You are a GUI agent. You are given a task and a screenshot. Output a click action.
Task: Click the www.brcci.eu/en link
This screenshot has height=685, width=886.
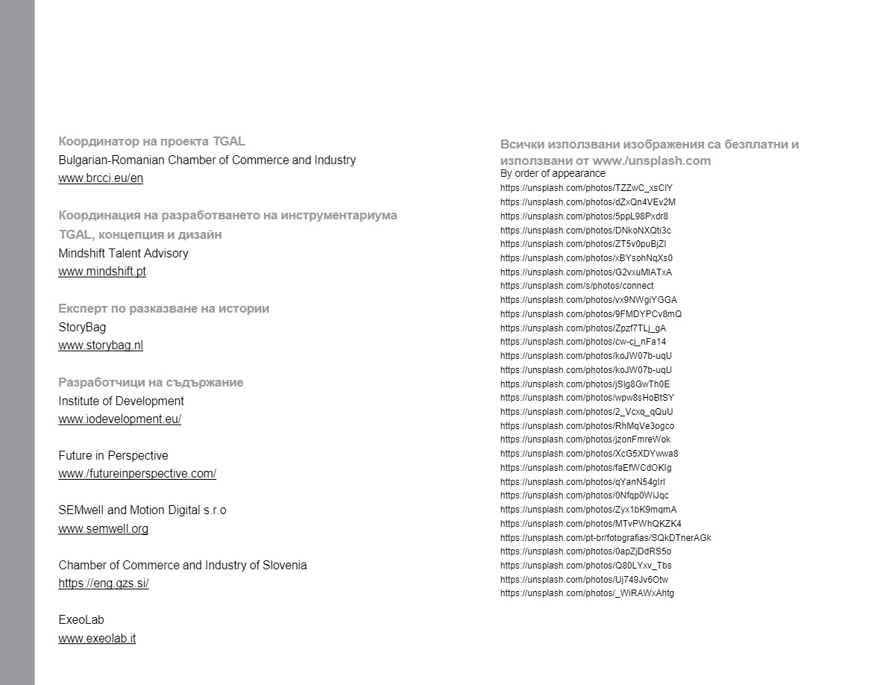101,178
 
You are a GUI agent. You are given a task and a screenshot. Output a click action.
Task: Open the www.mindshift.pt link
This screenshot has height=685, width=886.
102,272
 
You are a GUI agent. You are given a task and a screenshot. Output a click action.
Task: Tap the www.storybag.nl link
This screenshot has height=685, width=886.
101,345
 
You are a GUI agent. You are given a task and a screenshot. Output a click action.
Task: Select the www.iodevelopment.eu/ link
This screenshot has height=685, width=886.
120,419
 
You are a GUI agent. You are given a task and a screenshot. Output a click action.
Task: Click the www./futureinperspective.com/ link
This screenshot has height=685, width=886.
137,474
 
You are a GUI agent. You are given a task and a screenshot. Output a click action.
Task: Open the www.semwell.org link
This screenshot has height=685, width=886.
104,529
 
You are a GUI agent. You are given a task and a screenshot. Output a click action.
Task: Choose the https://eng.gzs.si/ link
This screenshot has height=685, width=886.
104,584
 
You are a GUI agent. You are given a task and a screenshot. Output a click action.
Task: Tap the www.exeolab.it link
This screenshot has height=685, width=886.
97,639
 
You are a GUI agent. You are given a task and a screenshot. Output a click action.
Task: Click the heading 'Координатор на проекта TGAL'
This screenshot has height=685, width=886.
151,141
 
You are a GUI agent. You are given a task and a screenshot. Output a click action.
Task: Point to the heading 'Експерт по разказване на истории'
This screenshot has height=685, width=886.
164,308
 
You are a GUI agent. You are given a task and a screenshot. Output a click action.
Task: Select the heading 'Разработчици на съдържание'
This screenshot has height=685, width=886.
151,382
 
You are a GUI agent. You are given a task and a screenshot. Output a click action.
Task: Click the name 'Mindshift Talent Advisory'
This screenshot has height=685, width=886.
124,253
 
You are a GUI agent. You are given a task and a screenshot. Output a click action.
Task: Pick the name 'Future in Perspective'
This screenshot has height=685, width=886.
113,455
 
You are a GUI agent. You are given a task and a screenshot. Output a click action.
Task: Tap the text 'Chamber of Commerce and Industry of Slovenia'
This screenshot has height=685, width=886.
183,565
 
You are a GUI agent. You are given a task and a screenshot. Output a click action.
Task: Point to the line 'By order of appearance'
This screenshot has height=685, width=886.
553,173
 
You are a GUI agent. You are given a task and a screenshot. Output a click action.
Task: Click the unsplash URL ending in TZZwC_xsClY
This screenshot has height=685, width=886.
586,188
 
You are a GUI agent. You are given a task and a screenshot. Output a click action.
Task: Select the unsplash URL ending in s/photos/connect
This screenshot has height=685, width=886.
576,286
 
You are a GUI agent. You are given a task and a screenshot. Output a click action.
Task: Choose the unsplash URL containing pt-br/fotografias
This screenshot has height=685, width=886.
606,538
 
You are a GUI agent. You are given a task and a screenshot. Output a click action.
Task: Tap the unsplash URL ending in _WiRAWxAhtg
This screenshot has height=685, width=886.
587,593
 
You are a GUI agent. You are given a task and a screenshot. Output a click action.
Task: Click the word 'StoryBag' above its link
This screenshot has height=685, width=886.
82,327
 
